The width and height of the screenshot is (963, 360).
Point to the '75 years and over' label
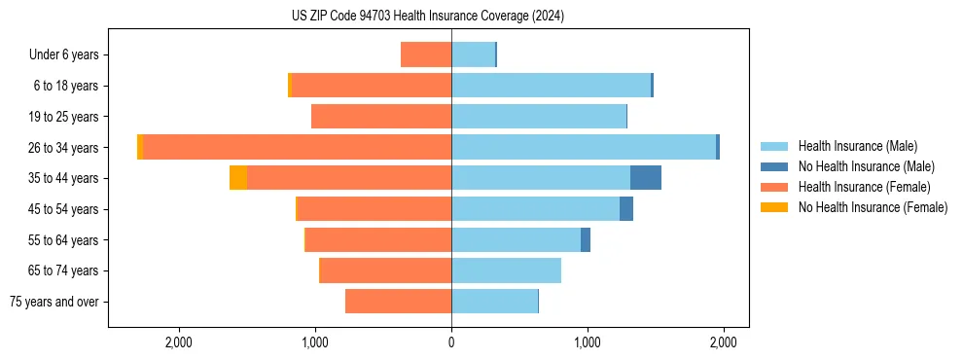53,302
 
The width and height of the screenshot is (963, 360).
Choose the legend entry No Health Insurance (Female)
873,207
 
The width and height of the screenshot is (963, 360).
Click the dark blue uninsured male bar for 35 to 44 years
646,178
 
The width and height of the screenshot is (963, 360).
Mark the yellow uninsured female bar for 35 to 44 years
238,178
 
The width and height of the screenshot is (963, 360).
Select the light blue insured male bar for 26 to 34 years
584,147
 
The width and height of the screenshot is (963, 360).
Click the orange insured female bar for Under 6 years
426,54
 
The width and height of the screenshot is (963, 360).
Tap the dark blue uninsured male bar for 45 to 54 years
626,209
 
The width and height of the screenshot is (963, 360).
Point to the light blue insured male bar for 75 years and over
494,302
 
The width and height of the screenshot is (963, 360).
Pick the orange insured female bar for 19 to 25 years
381,117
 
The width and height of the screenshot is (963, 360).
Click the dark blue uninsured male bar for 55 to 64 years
586,240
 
